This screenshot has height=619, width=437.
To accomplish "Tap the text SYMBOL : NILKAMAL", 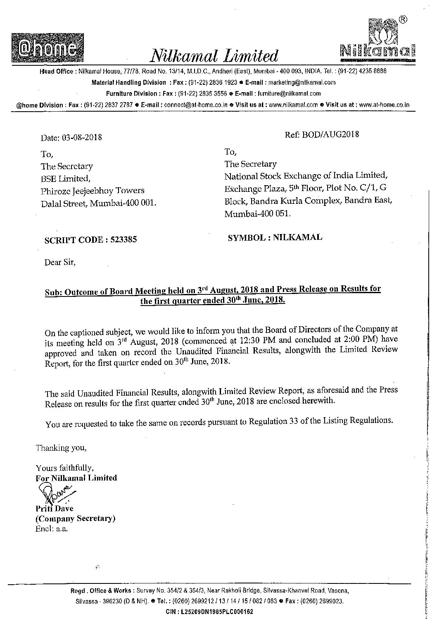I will (275, 237).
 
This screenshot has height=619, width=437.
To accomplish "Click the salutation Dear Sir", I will (60, 262).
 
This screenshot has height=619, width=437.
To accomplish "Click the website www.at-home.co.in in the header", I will (384, 105).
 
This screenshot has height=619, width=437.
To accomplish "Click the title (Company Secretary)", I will (75, 518).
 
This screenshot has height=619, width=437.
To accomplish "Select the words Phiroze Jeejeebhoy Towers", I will (93, 191).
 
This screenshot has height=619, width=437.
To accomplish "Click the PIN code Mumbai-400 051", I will (258, 214).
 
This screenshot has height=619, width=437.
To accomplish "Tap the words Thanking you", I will (61, 447).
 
